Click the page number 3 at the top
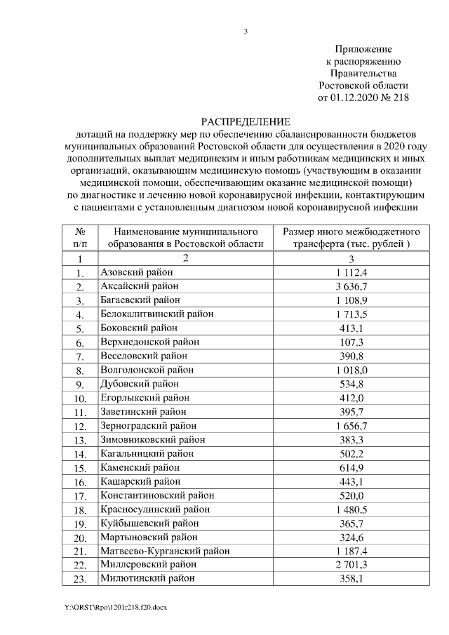click(x=246, y=31)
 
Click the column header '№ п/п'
click(x=80, y=237)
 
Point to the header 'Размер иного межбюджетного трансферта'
click(x=351, y=237)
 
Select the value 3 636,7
click(x=351, y=286)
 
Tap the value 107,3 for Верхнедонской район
click(x=351, y=342)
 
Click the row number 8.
click(x=80, y=370)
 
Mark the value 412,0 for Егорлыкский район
click(x=351, y=398)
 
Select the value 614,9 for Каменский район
click(x=351, y=467)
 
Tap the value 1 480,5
click(x=351, y=509)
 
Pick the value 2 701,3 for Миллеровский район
click(x=351, y=564)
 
